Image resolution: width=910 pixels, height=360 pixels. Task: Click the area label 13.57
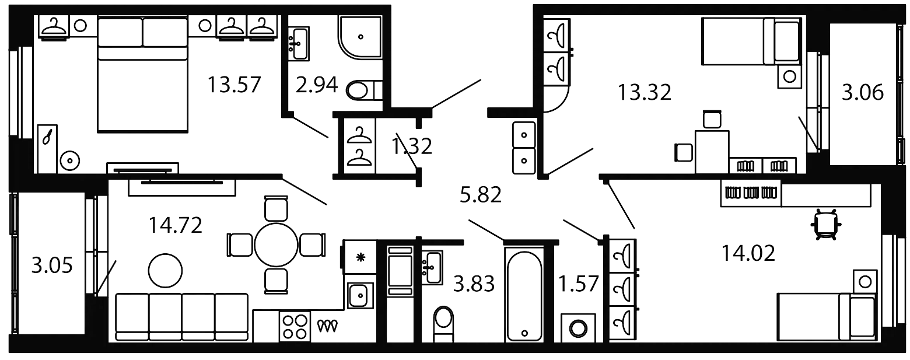tap(234, 88)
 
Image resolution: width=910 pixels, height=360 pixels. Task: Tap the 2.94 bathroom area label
tap(316, 88)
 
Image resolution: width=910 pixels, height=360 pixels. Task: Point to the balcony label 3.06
tap(861, 92)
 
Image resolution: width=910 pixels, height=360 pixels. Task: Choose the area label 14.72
tap(176, 225)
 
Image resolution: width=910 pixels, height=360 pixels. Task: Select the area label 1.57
tap(579, 285)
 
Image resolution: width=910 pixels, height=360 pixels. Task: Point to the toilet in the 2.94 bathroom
tap(361, 91)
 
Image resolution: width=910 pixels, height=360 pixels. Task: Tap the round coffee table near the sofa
tap(166, 270)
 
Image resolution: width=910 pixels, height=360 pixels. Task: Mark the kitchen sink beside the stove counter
tap(360, 295)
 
